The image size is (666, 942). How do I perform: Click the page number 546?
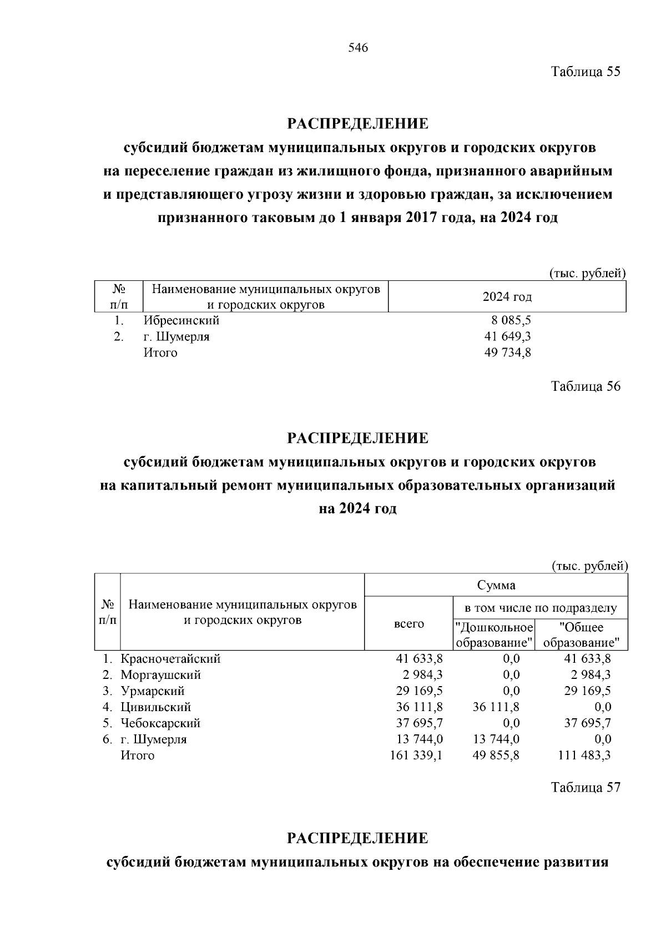pos(358,48)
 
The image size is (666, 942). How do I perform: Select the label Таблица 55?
pos(585,72)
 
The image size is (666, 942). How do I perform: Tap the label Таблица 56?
pos(585,386)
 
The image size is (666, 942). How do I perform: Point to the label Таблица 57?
pos(585,787)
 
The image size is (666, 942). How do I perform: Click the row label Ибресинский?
pos(181,320)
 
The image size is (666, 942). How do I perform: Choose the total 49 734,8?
pos(508,352)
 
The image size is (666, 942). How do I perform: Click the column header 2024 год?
pos(507,297)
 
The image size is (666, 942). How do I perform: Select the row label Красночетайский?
pos(171,659)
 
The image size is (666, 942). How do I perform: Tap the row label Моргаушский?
pos(161,675)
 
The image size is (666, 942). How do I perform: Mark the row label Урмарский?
pos(153,691)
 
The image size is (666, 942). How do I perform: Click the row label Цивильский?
pos(156,707)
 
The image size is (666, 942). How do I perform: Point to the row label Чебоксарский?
pos(161,723)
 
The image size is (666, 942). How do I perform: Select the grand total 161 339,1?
pos(416,755)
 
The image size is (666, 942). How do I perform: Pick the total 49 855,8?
pos(496,755)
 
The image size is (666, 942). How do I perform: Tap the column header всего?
pos(409,624)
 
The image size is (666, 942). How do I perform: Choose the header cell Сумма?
pos(496,585)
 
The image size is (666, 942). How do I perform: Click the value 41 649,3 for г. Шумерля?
pos(508,336)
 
